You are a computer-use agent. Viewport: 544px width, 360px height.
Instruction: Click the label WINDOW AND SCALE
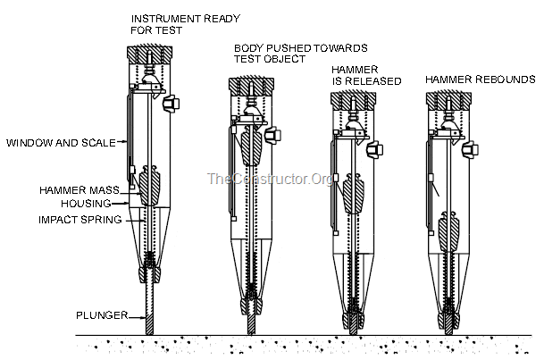point(61,143)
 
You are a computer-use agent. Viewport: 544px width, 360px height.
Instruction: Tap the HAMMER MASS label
point(80,190)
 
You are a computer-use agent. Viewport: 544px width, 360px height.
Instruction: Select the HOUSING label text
point(86,204)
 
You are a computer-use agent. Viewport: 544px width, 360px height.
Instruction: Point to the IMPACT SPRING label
point(80,220)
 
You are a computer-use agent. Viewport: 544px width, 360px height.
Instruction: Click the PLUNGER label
point(102,315)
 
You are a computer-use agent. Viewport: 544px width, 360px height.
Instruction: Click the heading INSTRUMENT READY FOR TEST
point(185,24)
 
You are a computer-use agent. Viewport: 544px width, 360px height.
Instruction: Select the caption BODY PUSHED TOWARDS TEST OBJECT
point(300,54)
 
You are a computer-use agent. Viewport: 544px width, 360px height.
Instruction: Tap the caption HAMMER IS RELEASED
point(366,75)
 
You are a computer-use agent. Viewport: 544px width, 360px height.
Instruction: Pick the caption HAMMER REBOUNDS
point(481,80)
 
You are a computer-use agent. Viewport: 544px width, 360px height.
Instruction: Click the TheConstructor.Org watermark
point(270,179)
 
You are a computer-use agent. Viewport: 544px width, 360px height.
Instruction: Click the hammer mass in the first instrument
point(149,186)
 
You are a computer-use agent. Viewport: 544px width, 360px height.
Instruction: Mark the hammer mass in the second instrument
point(252,146)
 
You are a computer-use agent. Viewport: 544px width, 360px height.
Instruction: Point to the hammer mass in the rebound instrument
point(449,231)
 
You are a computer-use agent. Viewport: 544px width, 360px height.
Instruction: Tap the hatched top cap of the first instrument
point(149,54)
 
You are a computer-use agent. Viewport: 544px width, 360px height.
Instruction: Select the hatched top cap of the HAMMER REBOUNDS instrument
point(448,102)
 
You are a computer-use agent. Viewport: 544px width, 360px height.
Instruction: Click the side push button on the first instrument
point(171,103)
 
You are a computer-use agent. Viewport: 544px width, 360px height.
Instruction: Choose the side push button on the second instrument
point(272,135)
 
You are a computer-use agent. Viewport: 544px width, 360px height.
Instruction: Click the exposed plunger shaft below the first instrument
point(149,309)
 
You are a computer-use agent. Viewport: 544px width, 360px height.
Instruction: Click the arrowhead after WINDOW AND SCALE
point(124,141)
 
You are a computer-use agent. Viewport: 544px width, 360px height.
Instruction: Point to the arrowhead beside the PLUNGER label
point(143,317)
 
